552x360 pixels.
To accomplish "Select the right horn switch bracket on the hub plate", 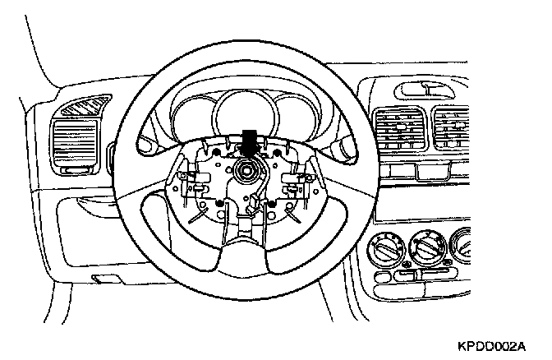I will [x=294, y=182].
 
